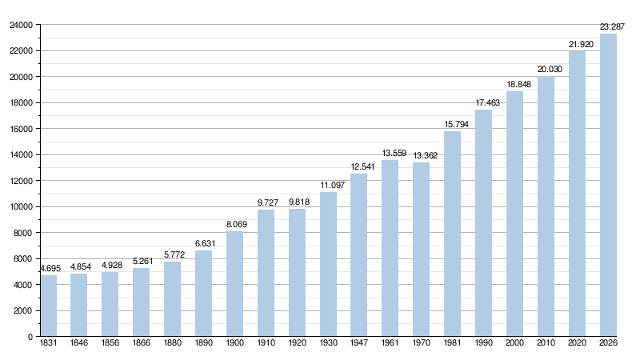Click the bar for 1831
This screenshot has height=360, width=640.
pos(49,306)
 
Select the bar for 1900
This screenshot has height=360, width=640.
pos(234,284)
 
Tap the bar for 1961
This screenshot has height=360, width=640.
pos(390,248)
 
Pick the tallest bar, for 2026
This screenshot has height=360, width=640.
pos(608,185)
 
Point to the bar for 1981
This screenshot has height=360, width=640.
pos(452,234)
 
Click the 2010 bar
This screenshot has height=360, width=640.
pos(546,206)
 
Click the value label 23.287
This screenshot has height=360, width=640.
pos(612,27)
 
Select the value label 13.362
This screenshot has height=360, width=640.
pos(426,155)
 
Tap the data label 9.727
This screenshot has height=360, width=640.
pos(268,202)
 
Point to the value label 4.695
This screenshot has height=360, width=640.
pos(50,269)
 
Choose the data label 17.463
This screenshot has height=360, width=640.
pos(488,103)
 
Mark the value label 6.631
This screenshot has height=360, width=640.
pos(205,244)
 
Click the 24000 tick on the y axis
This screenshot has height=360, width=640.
pos(22,26)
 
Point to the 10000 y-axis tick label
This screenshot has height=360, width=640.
pos(22,207)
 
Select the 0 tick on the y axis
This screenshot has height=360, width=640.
pos(30,337)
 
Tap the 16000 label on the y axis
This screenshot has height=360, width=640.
pos(22,129)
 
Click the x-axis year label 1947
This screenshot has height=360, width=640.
pos(358,343)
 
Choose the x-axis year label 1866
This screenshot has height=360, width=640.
pos(142,343)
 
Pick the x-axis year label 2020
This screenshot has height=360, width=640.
pos(577,343)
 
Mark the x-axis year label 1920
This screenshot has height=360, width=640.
pos(297,343)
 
